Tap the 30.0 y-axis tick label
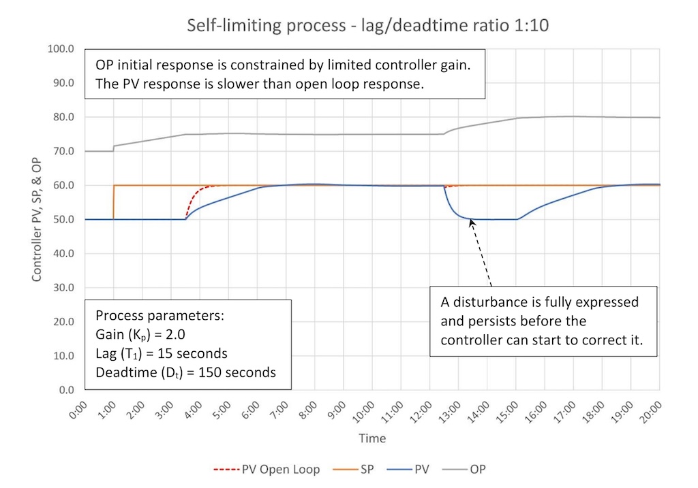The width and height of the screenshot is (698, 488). [x=63, y=288]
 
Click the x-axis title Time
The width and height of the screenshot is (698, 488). [x=371, y=438]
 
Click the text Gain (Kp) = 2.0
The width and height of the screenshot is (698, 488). [x=137, y=336]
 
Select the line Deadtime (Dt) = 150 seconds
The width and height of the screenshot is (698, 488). [x=185, y=372]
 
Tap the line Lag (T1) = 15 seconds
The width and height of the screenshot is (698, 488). [x=162, y=354]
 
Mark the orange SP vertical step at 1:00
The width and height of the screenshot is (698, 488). [x=113, y=202]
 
